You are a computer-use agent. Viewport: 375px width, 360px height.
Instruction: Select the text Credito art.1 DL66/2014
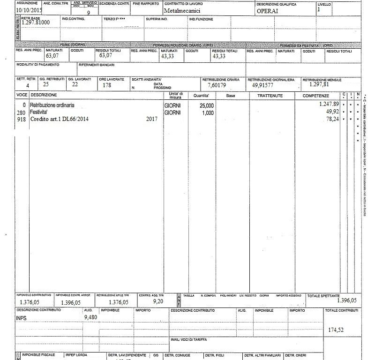pyautogui.click(x=60, y=120)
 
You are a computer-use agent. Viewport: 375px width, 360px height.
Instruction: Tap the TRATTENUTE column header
pyautogui.click(x=270, y=96)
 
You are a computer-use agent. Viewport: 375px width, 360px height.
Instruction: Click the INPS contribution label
pyautogui.click(x=22, y=318)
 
